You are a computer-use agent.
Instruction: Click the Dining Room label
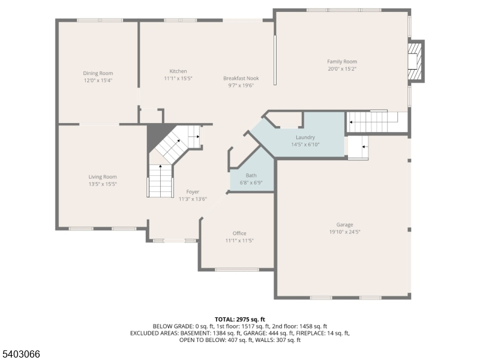point(98,73)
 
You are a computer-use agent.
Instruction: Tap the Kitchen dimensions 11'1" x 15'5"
point(178,79)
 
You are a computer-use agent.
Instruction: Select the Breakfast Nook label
point(241,79)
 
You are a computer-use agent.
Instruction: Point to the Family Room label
point(342,62)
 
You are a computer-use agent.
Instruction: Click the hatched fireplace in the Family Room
point(415,61)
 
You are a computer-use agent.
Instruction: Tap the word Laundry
point(305,137)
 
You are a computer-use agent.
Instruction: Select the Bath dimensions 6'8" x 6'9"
point(251,183)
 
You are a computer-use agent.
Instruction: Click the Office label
point(239,233)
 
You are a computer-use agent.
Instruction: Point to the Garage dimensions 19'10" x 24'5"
point(344,232)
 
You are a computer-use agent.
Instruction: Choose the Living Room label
point(103,177)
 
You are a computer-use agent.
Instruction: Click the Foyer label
point(193,192)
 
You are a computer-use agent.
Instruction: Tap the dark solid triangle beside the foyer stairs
point(158,136)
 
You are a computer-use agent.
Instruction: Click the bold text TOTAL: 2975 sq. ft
point(239,320)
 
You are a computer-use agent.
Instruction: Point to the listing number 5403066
point(20,354)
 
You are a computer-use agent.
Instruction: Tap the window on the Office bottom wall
point(236,269)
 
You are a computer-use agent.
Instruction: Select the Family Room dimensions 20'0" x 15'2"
point(342,69)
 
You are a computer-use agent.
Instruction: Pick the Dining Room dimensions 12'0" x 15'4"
point(98,80)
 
